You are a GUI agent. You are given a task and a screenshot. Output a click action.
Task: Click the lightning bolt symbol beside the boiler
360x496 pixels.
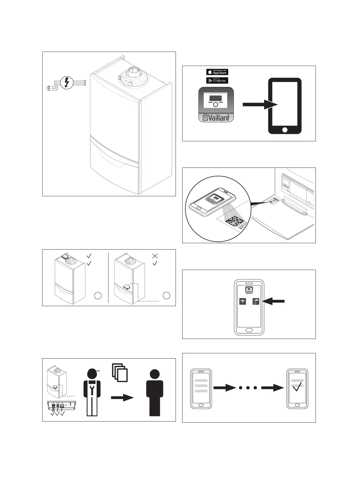67,82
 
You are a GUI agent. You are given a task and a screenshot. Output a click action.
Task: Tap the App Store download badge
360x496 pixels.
217,72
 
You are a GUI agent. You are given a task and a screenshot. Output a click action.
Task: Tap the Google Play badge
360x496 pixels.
217,80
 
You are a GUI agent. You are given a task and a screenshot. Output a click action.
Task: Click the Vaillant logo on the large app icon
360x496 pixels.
216,118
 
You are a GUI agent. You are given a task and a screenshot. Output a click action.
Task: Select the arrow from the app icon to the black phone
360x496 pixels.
260,105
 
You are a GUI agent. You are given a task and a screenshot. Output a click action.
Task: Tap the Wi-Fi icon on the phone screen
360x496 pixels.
243,301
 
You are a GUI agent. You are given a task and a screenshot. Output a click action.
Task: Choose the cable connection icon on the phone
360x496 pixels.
256,301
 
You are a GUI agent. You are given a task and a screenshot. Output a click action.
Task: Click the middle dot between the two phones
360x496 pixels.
248,388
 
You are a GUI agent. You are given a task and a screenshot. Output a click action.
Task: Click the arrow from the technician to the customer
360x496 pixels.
122,398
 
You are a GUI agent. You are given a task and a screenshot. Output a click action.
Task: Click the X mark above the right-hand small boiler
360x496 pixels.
155,256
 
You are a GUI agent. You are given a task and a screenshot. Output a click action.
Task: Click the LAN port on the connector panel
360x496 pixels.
62,407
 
